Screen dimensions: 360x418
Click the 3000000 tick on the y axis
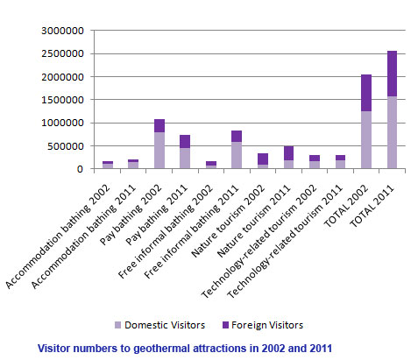(63, 31)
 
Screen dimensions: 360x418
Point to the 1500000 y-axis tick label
(63, 100)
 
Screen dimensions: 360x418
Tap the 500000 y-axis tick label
(67, 145)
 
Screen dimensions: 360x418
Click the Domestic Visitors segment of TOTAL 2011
(386, 132)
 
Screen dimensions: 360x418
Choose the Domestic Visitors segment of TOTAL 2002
(360, 140)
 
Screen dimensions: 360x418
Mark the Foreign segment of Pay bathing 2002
(159, 125)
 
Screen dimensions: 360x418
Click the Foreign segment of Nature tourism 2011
(288, 153)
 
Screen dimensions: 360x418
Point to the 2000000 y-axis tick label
(63, 77)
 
